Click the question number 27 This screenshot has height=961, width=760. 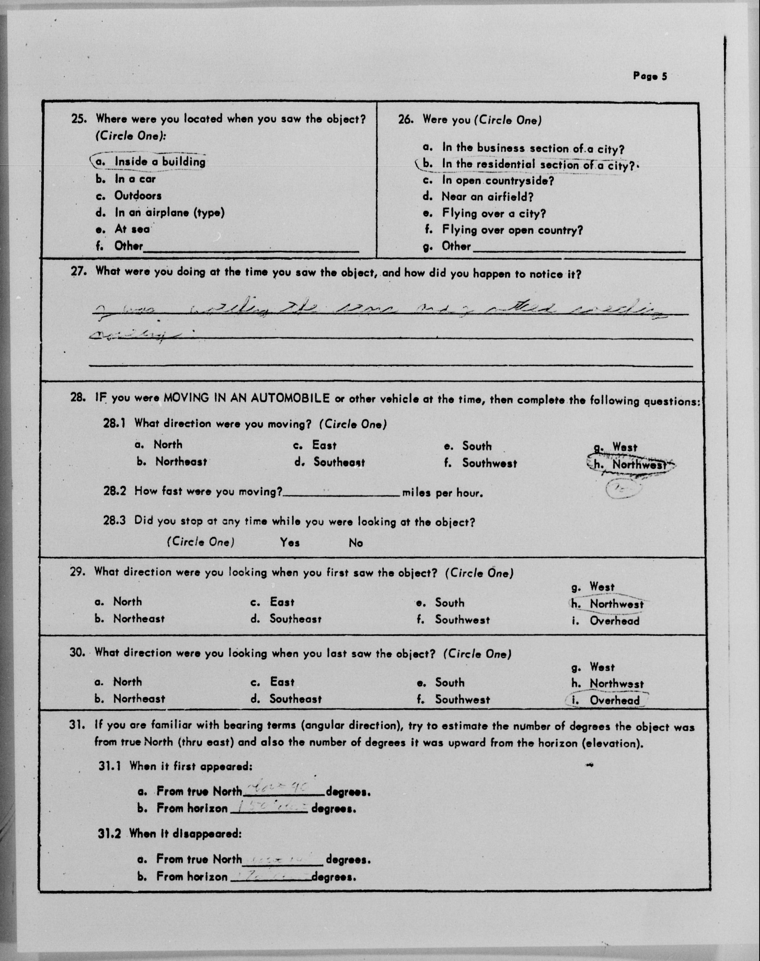[x=78, y=271]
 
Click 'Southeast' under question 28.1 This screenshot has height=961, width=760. [x=339, y=462]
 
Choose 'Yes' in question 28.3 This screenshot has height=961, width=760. [x=290, y=543]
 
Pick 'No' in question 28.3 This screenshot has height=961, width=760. [x=356, y=543]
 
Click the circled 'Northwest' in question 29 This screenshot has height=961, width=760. [x=616, y=604]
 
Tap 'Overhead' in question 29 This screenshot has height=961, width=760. [x=614, y=621]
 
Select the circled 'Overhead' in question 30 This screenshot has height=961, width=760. [x=614, y=701]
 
